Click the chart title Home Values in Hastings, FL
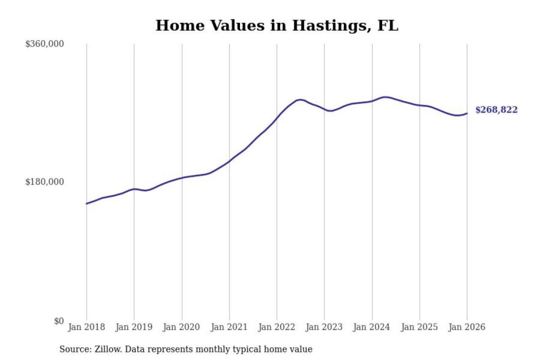pyautogui.click(x=277, y=25)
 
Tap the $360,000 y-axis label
pyautogui.click(x=44, y=44)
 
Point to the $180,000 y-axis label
pyautogui.click(x=44, y=182)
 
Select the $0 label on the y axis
pyautogui.click(x=59, y=321)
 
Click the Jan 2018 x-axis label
pyautogui.click(x=86, y=327)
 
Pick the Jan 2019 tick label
pyautogui.click(x=134, y=327)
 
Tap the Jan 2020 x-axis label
pyautogui.click(x=181, y=327)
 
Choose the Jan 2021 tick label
pyautogui.click(x=229, y=327)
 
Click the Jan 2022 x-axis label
pyautogui.click(x=277, y=327)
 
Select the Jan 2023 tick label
pyautogui.click(x=324, y=327)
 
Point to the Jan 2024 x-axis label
pyautogui.click(x=372, y=327)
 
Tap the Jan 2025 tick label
pyautogui.click(x=419, y=327)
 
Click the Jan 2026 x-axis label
pyautogui.click(x=467, y=327)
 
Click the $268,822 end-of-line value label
pyautogui.click(x=496, y=110)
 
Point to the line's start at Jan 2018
pyautogui.click(x=87, y=204)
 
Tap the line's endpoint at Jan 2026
pyautogui.click(x=467, y=113)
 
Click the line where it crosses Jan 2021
pyautogui.click(x=229, y=161)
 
